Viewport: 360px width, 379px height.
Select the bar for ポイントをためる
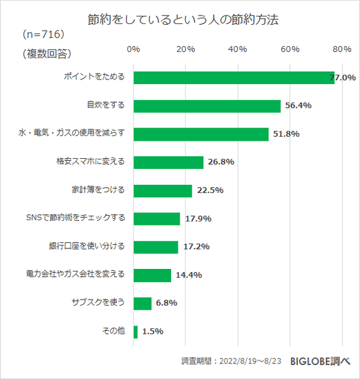(234, 77)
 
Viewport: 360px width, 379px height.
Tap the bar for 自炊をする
(207, 106)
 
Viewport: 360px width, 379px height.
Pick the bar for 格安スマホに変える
(168, 162)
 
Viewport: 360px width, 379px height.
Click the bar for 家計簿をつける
(163, 190)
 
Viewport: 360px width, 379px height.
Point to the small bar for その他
(136, 332)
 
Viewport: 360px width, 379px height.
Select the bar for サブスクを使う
(143, 303)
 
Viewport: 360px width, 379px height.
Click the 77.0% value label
(343, 78)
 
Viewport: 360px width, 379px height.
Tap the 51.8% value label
(286, 134)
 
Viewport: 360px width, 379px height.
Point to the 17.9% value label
(197, 219)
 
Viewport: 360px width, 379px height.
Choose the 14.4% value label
(188, 275)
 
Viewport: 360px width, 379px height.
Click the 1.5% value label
(152, 332)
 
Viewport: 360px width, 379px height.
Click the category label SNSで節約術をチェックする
(74, 218)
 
